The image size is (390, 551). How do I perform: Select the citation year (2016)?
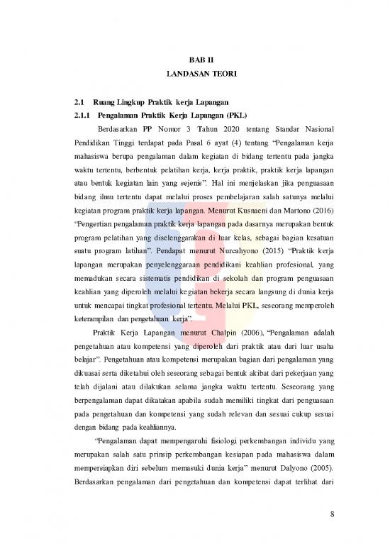(x=313, y=230)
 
